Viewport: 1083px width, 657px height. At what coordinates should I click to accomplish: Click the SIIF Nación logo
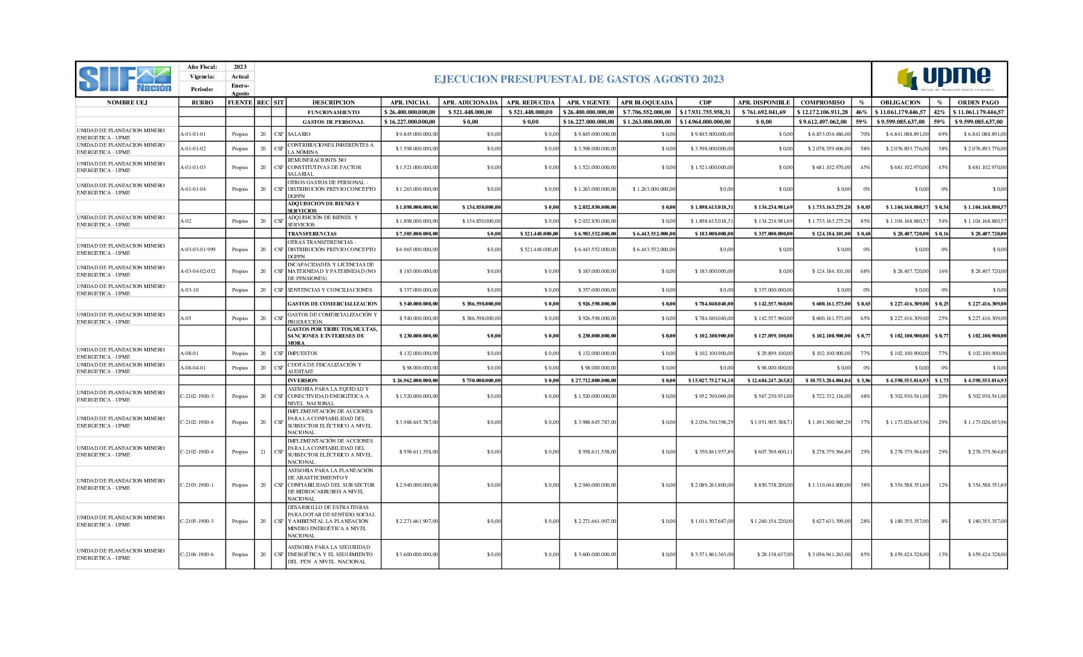tap(126, 79)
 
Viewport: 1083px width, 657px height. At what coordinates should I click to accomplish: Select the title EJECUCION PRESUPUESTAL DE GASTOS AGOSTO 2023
tap(578, 79)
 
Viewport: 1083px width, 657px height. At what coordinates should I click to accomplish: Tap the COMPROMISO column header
tap(822, 103)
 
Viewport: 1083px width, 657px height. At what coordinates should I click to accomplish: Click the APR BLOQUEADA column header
tap(647, 103)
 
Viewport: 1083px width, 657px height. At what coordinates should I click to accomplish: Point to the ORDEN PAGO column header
tap(978, 103)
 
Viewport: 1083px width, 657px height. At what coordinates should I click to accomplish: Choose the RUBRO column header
tap(202, 103)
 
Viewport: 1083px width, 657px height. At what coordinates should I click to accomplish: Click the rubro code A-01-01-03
tap(193, 167)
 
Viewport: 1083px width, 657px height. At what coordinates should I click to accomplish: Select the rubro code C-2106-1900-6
tap(196, 554)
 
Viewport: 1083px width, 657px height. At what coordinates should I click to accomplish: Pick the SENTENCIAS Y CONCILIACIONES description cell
tap(329, 290)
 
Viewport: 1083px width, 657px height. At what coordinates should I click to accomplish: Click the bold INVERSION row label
tap(302, 380)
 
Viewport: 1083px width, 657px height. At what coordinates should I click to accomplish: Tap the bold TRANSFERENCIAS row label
tap(312, 234)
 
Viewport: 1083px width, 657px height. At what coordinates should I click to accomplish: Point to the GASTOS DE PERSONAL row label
tap(334, 122)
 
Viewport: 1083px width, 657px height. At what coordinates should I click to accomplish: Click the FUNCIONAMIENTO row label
tap(334, 112)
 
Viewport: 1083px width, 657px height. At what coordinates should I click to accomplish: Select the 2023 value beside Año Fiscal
tap(240, 67)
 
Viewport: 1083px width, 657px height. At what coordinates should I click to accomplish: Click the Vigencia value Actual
tap(240, 77)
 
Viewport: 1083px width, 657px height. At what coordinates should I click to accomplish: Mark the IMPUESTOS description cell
tap(302, 353)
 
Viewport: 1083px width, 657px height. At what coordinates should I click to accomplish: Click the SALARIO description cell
tap(299, 134)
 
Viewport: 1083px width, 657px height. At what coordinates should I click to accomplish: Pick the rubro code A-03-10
tap(189, 290)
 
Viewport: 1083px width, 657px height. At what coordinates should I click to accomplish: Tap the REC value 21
tap(263, 452)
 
